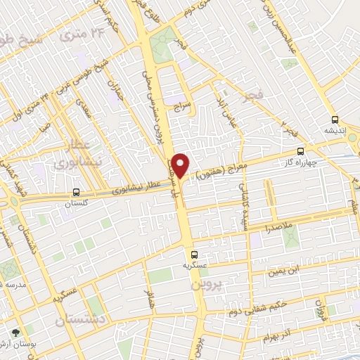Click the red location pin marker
pos(181,165)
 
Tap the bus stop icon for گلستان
pos(76,191)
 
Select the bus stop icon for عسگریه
pos(194,255)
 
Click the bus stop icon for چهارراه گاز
pos(301,151)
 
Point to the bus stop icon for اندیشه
pos(334,120)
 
